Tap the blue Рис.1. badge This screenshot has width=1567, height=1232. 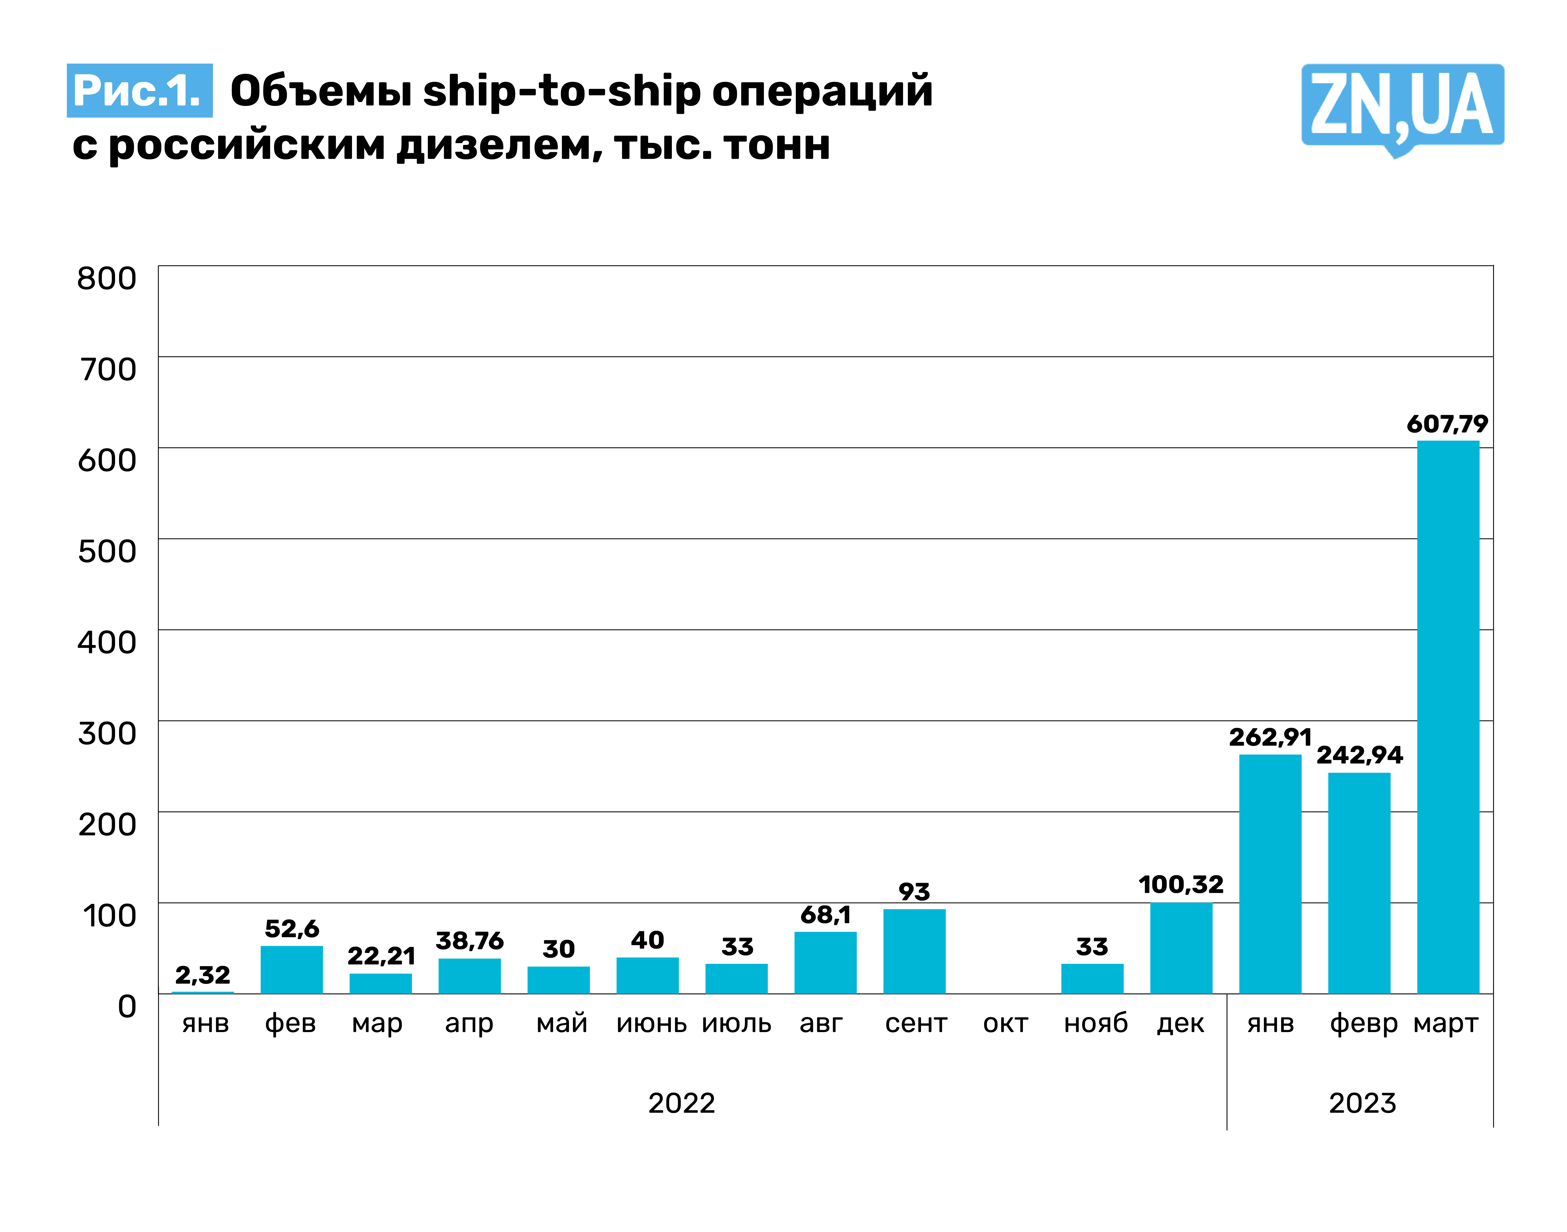tap(139, 91)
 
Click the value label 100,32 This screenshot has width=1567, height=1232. tap(1180, 884)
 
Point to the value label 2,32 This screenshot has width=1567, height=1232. tap(203, 975)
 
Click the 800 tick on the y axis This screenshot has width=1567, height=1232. tap(107, 278)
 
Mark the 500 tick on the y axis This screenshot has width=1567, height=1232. tap(107, 551)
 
